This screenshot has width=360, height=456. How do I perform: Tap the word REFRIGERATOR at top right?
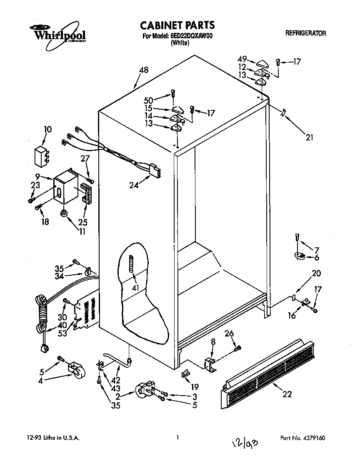click(x=306, y=33)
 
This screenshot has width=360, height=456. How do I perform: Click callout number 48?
click(x=143, y=71)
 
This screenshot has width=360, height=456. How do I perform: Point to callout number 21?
click(x=309, y=138)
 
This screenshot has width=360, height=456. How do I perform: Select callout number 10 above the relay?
click(x=48, y=130)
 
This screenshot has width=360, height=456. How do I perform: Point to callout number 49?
click(x=242, y=59)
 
